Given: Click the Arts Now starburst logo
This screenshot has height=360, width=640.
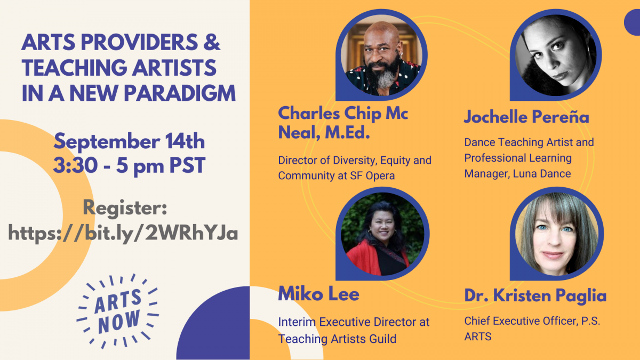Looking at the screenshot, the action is (x=118, y=311).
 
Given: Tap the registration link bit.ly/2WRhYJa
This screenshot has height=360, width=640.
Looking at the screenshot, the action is (x=123, y=233).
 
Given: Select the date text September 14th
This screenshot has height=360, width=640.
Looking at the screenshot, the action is (x=129, y=141).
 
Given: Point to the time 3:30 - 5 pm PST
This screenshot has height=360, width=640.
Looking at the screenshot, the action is (x=129, y=166).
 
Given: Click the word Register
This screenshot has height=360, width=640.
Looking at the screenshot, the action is (x=125, y=208).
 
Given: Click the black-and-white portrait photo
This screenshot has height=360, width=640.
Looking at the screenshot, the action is (x=556, y=55).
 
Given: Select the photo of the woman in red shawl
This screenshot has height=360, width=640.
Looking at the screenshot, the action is (x=382, y=234).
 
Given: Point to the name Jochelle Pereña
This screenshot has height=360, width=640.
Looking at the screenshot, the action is (x=526, y=117).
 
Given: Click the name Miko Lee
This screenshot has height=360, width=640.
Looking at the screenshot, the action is (x=318, y=294).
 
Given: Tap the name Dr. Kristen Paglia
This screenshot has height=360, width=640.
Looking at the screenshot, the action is (x=535, y=295).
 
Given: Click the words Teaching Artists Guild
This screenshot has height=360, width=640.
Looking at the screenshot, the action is (x=337, y=339).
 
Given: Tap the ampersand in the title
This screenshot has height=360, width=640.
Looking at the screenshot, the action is (x=212, y=42).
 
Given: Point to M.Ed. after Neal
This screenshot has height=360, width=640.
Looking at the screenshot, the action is (x=347, y=133).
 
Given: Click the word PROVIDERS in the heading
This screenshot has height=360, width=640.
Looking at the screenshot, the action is (x=139, y=42).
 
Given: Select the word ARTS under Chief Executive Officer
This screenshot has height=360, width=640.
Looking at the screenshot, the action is (x=478, y=337).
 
